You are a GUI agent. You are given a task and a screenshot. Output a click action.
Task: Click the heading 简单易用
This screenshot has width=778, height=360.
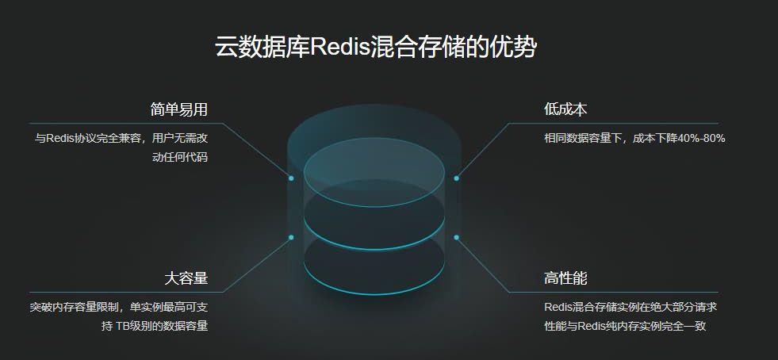point(178,109)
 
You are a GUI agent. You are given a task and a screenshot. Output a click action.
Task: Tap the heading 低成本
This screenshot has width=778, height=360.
point(565,109)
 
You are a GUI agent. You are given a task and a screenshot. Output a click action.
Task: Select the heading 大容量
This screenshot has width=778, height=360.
point(186,278)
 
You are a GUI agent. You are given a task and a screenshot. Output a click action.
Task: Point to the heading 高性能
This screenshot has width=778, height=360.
point(565,278)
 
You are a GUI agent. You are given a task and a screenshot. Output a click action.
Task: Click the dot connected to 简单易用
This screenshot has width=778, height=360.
point(291,178)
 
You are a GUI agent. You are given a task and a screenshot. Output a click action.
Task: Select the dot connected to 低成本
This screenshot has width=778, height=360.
point(456,178)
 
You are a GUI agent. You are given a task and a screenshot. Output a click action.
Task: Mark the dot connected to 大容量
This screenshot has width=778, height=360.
point(291,237)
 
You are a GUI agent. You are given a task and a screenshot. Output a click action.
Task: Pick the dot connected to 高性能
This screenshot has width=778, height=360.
point(456,237)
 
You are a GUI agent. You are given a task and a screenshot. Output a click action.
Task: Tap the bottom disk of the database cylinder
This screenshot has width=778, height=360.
point(374,265)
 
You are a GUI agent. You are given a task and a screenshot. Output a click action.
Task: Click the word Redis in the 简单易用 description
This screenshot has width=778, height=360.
point(59,138)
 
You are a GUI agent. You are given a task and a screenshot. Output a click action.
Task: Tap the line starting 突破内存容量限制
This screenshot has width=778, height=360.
point(118,307)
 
